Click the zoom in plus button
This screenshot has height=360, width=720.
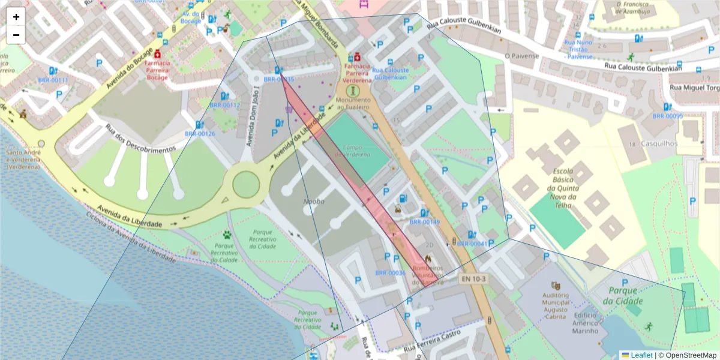pyautogui.click(x=16, y=17)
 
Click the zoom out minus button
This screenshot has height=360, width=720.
pyautogui.click(x=16, y=35)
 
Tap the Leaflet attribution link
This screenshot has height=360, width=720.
pyautogui.click(x=641, y=355)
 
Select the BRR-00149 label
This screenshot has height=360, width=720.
pyautogui.click(x=424, y=222)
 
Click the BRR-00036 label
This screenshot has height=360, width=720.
pyautogui.click(x=390, y=273)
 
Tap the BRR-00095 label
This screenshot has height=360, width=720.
pyautogui.click(x=667, y=116)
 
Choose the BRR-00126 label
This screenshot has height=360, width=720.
pyautogui.click(x=199, y=134)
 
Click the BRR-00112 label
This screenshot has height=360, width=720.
pyautogui.click(x=224, y=105)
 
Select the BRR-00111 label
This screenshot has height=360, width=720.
pyautogui.click(x=53, y=80)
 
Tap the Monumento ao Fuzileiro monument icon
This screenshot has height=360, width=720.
pyautogui.click(x=350, y=90)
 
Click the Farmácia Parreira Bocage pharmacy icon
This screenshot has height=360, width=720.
pyautogui.click(x=158, y=53)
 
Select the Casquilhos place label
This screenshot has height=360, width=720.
pyautogui.click(x=658, y=143)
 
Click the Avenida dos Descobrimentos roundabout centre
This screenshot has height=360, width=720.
pyautogui.click(x=246, y=184)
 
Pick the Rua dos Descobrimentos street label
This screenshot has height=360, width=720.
pyautogui.click(x=140, y=138)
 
